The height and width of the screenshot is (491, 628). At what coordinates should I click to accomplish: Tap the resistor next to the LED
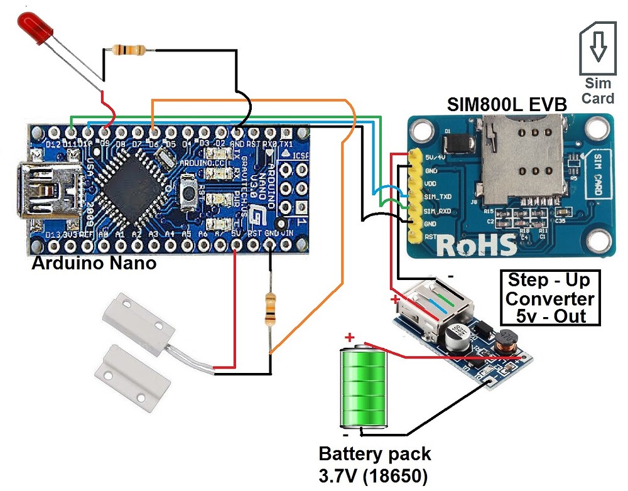pos(128,50)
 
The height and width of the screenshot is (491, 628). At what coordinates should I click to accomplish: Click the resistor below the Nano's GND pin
pos(271,309)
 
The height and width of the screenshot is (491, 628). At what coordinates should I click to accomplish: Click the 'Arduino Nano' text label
pos(94,262)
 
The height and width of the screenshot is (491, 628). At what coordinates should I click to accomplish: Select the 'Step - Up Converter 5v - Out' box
pos(550,298)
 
